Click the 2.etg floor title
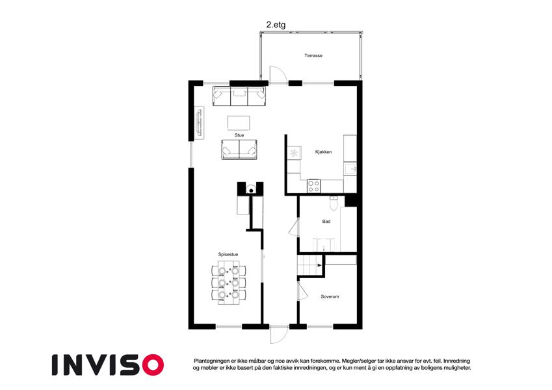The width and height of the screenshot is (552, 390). point(276,25)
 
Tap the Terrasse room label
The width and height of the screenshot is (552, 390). point(313,56)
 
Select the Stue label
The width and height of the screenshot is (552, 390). point(239,135)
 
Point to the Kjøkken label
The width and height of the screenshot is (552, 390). point(324,152)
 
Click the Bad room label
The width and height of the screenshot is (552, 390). point(326,222)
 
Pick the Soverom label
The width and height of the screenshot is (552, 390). point(330,296)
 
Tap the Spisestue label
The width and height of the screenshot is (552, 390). point(228,255)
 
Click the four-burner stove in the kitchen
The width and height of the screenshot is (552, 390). point(313,186)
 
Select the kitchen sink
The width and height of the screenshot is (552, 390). point(350,169)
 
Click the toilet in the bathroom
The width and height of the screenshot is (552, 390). point(334,202)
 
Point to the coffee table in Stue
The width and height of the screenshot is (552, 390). point(239,123)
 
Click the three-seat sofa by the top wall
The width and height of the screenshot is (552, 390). point(239,96)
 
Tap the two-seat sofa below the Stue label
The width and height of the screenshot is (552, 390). point(239,149)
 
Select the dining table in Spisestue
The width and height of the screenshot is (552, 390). point(228,283)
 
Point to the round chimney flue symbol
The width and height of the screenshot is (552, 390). point(251,190)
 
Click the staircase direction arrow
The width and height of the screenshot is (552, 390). point(320,265)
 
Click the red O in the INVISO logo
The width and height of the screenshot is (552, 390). point(153,365)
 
